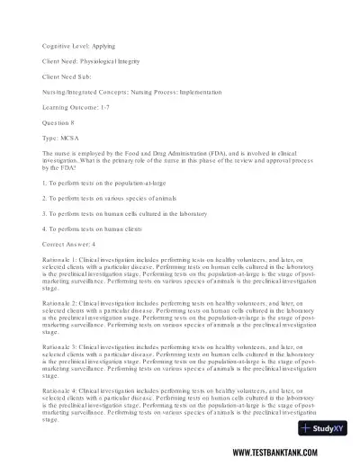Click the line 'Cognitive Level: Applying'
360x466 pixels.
[x=80, y=45]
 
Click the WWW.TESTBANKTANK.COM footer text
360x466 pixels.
[x=297, y=453]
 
